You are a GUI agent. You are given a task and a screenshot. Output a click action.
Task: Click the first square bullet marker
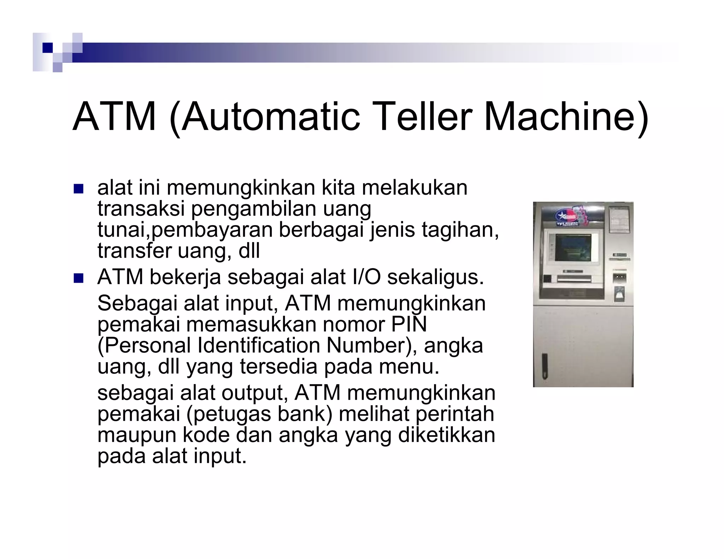pyautogui.click(x=78, y=189)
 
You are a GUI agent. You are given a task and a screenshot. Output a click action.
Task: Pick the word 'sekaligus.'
pyautogui.click(x=436, y=277)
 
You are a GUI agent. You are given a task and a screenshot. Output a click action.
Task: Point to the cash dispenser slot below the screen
pyautogui.click(x=574, y=279)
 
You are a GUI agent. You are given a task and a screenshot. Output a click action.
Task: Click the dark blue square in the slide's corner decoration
pyautogui.click(x=47, y=47)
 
